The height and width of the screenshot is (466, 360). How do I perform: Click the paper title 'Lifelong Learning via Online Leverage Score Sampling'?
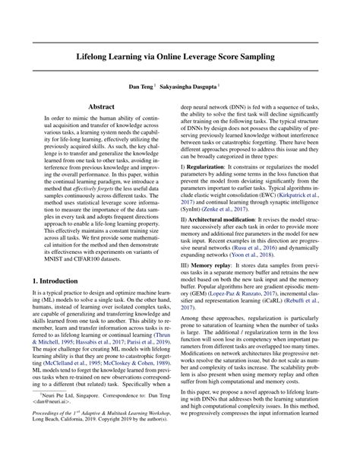point(179,57)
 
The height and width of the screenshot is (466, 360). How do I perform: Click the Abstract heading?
point(100,109)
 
